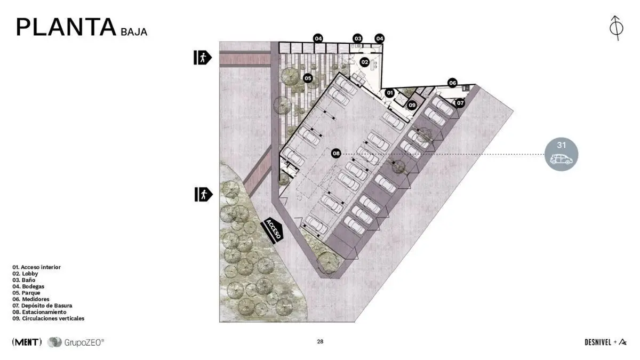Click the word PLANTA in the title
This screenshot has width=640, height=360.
66,27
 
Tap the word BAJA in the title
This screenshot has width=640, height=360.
134,32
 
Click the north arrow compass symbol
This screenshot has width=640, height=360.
617,28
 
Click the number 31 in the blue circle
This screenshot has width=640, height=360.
562,145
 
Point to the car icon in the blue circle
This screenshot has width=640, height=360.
562,159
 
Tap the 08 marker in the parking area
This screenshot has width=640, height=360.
336,154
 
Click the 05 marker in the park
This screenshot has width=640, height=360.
308,78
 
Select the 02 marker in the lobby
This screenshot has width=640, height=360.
365,62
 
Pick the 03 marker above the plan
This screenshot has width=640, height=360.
358,38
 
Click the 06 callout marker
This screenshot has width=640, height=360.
453,83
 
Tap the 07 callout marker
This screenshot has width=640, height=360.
460,103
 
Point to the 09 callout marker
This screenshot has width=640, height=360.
412,106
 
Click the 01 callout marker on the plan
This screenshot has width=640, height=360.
390,93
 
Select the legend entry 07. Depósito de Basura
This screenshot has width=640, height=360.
42,306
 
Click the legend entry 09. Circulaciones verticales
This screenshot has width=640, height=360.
49,318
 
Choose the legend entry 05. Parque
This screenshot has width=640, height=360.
26,293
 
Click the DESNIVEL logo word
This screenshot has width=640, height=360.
598,342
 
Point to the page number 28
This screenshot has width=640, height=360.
320,341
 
